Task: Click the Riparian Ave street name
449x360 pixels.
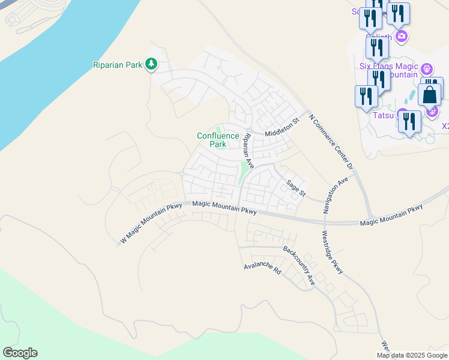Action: click(x=248, y=150)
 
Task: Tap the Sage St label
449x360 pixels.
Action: click(x=296, y=188)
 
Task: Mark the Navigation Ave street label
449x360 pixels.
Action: click(x=335, y=196)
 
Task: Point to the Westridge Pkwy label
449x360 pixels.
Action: click(x=332, y=253)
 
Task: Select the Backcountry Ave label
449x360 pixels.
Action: click(x=299, y=265)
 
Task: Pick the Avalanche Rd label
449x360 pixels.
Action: click(x=262, y=268)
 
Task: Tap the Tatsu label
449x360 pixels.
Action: click(x=384, y=115)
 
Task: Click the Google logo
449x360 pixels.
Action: click(x=20, y=353)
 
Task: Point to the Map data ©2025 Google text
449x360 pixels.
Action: click(x=412, y=355)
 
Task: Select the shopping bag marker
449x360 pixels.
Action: click(x=429, y=94)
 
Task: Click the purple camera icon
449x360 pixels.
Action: click(x=402, y=37)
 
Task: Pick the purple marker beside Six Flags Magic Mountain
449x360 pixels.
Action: click(x=427, y=70)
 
